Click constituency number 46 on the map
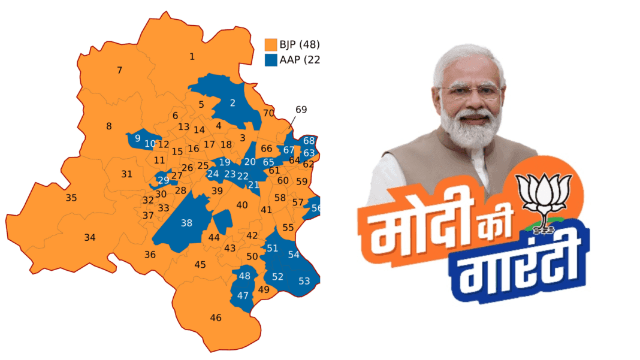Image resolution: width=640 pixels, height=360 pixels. (x=216, y=317)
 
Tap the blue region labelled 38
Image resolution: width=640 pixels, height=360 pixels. (x=186, y=223)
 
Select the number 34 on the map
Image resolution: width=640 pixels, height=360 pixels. (x=89, y=238)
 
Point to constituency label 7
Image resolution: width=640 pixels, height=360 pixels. (x=119, y=71)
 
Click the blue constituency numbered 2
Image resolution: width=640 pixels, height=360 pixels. (x=233, y=103)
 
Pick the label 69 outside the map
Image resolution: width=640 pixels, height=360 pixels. (x=301, y=110)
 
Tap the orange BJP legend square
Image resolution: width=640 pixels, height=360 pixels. (x=271, y=45)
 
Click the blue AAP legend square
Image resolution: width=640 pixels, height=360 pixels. (x=271, y=60)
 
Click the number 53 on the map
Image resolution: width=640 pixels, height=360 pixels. (x=304, y=281)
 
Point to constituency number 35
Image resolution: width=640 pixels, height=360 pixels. (x=71, y=198)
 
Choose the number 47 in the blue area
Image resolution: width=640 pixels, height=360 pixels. (x=243, y=295)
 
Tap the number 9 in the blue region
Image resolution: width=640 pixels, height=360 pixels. (x=138, y=139)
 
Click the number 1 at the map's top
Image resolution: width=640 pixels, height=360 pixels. (x=192, y=57)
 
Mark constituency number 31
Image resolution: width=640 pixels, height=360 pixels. (x=126, y=174)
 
